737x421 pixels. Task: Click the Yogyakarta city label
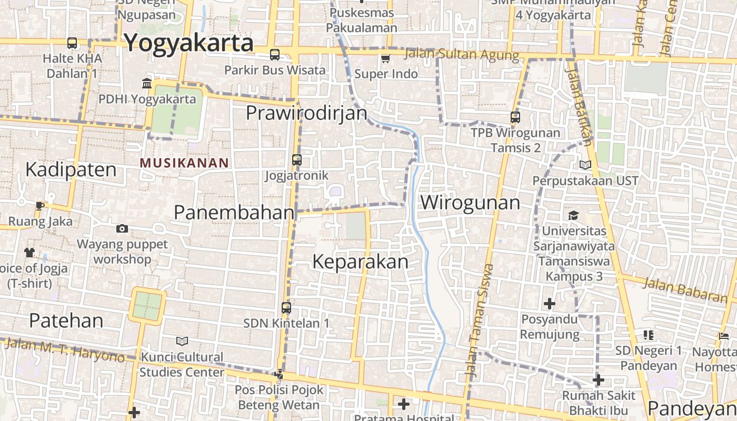[x=189, y=43]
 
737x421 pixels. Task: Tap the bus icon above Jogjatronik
[x=297, y=159]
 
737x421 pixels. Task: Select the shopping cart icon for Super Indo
[x=386, y=58]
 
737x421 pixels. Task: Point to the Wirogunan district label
[x=470, y=203]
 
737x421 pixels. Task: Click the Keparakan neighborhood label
[x=361, y=262]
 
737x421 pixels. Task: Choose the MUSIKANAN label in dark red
[x=184, y=163]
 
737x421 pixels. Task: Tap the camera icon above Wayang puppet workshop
[x=122, y=228]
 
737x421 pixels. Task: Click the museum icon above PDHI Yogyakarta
[x=147, y=83]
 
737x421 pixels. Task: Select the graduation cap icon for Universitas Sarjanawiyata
[x=573, y=215]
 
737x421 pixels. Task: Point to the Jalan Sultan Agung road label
[x=462, y=55]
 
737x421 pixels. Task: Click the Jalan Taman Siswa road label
[x=479, y=321]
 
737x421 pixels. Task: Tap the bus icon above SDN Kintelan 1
[x=286, y=308]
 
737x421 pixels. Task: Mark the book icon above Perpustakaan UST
[x=585, y=165]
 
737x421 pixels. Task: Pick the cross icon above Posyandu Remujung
[x=550, y=304]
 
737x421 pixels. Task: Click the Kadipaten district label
[x=71, y=170]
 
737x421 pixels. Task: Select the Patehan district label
[x=66, y=320]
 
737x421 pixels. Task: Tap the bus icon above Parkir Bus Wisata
[x=275, y=55]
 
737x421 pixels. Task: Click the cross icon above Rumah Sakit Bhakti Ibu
[x=599, y=380]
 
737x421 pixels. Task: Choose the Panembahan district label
[x=234, y=213]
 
